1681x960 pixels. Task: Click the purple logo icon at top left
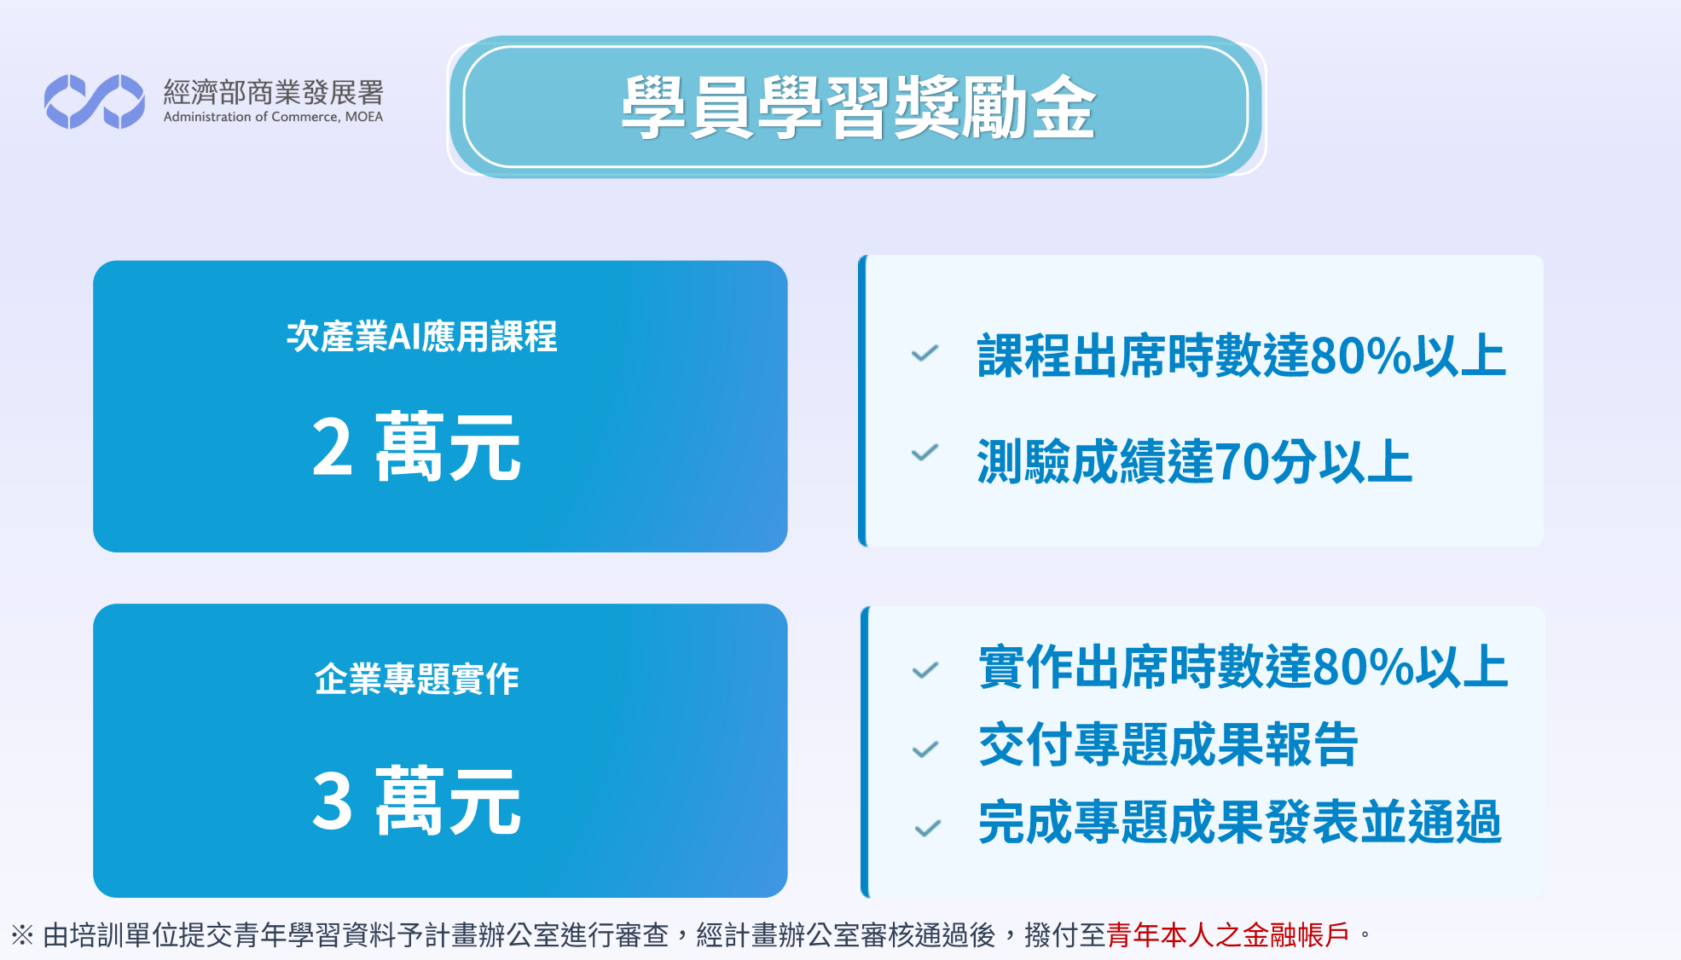click(x=95, y=101)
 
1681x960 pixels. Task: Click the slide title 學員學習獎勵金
click(x=858, y=107)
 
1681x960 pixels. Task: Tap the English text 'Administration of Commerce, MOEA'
click(x=273, y=117)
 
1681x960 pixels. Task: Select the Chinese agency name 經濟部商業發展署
click(x=273, y=92)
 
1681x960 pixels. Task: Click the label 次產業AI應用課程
click(x=422, y=337)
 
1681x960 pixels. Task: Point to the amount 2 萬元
click(x=416, y=447)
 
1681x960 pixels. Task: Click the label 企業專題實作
click(x=417, y=680)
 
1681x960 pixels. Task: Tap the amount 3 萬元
click(x=416, y=800)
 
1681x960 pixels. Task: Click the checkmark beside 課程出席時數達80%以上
click(x=925, y=353)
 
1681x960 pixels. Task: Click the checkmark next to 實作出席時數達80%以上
click(x=925, y=671)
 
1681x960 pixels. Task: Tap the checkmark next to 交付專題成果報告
click(x=925, y=749)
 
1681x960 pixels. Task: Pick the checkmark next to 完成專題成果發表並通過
click(x=927, y=828)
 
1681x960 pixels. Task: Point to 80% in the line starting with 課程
click(x=1360, y=356)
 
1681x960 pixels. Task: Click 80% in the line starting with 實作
click(x=1362, y=667)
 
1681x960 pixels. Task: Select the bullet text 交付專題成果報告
click(x=1168, y=744)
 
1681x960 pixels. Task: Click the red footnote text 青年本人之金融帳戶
click(x=1228, y=935)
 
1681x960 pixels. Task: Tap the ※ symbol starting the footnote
click(x=22, y=935)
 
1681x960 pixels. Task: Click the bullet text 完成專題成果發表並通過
click(x=1240, y=823)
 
